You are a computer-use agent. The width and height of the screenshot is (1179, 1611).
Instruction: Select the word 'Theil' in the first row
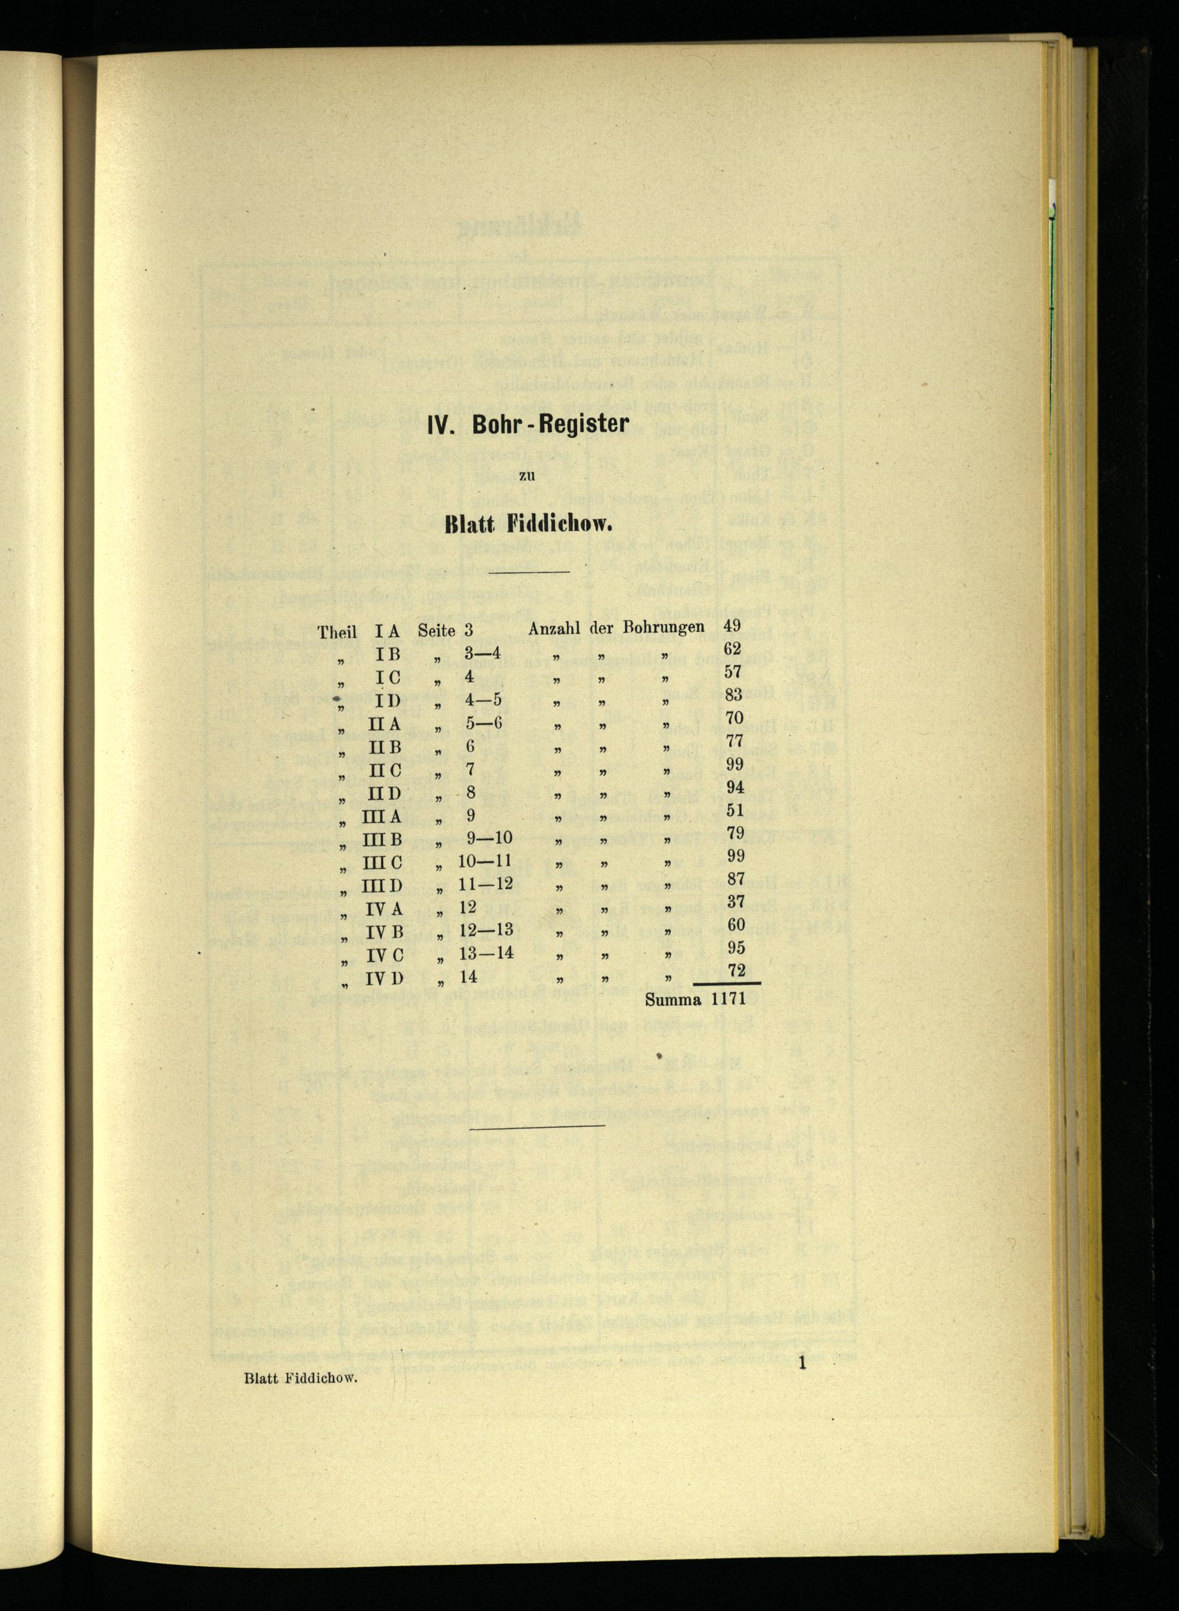[x=338, y=632]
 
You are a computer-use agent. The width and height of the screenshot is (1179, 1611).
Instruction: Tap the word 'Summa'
[x=673, y=1000]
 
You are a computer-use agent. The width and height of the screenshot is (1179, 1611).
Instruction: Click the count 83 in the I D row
[x=733, y=695]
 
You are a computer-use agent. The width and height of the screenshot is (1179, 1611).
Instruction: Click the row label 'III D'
[x=386, y=886]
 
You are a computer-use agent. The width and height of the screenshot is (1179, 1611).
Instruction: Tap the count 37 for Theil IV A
[x=736, y=902]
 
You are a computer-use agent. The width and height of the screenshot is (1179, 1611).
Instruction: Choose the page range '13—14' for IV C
[x=486, y=954]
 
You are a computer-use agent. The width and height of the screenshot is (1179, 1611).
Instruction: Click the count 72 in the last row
[x=736, y=970]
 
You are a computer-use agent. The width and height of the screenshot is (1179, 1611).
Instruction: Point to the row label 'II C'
[x=386, y=771]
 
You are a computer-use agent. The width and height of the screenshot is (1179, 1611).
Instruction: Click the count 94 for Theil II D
[x=735, y=787]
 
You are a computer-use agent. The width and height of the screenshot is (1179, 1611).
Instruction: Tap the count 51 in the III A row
[x=735, y=810]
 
